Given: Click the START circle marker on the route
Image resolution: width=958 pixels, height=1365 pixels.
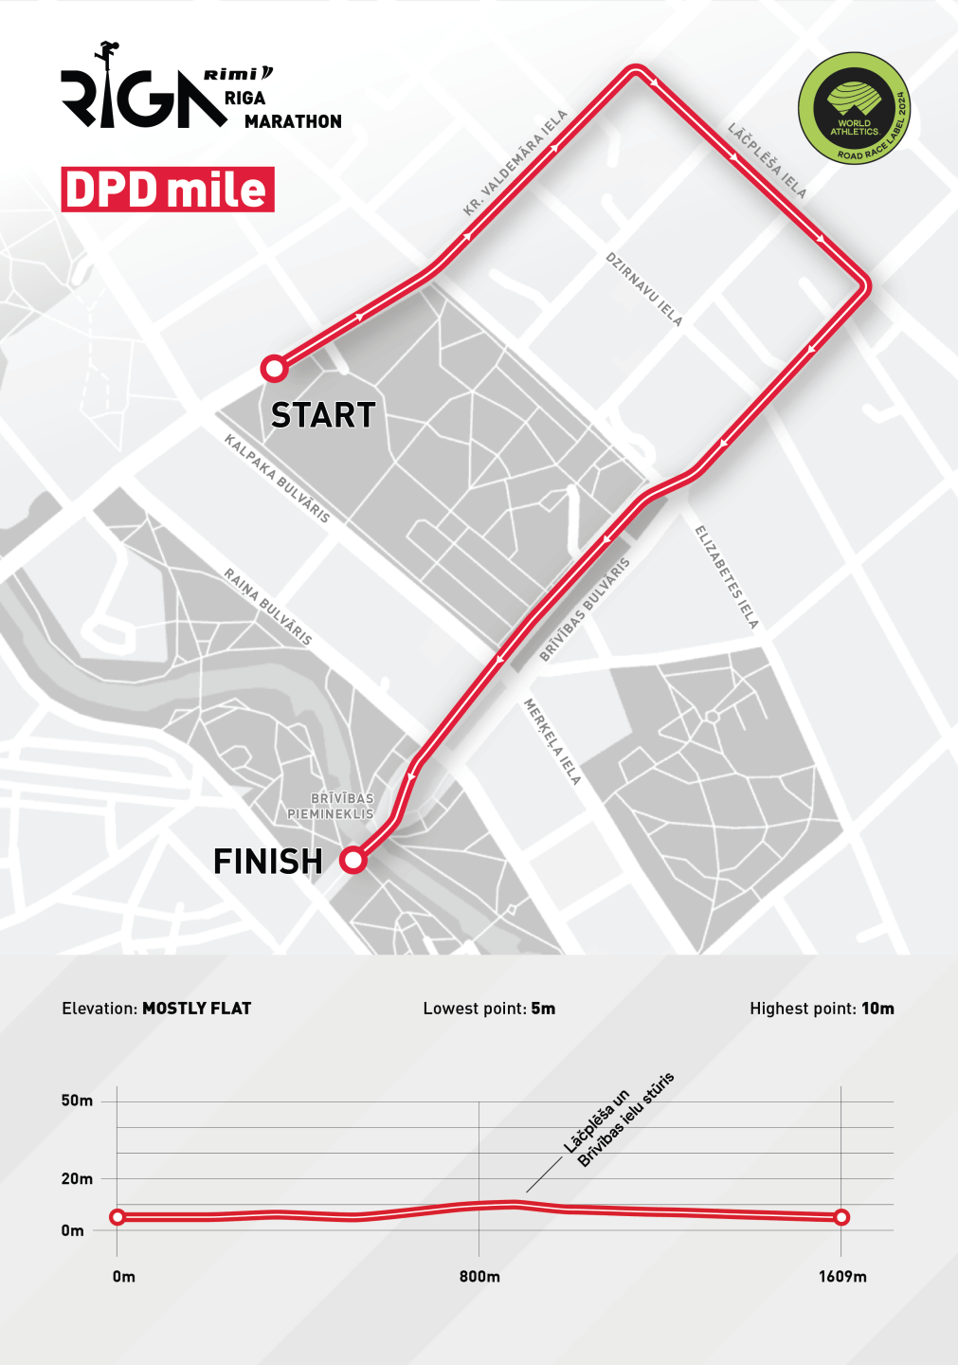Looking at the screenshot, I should pyautogui.click(x=274, y=368).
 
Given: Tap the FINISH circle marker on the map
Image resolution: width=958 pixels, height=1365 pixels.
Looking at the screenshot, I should pyautogui.click(x=353, y=860).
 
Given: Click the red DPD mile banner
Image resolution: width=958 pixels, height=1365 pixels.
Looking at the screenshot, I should pyautogui.click(x=168, y=190).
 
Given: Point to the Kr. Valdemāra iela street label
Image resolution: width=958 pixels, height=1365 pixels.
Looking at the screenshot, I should pyautogui.click(x=515, y=163).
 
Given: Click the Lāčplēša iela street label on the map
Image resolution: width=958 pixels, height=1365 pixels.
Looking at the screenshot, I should pyautogui.click(x=768, y=160).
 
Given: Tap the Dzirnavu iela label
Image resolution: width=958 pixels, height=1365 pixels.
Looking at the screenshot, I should pyautogui.click(x=644, y=289).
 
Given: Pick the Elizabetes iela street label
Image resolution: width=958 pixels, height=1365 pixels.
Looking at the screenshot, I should pyautogui.click(x=727, y=577).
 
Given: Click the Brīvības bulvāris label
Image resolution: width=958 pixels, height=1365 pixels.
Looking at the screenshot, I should pyautogui.click(x=585, y=610).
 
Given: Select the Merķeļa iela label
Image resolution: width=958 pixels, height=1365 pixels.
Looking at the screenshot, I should pyautogui.click(x=552, y=741).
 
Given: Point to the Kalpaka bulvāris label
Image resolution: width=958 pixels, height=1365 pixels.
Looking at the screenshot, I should pyautogui.click(x=277, y=479).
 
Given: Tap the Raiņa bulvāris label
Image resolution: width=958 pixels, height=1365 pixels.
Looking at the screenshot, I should pyautogui.click(x=267, y=607).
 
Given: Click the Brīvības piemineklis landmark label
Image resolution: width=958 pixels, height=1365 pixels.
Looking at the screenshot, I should pyautogui.click(x=331, y=806).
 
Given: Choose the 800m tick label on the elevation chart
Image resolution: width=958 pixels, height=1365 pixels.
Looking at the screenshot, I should pyautogui.click(x=479, y=1277).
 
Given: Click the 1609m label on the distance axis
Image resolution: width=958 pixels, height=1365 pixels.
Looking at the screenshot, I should pyautogui.click(x=842, y=1277).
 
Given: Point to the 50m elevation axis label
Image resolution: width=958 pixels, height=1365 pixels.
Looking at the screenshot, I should pyautogui.click(x=77, y=1101).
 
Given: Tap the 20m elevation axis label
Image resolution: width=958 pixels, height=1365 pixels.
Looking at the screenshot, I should pyautogui.click(x=77, y=1179).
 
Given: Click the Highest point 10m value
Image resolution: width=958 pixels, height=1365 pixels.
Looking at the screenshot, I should pyautogui.click(x=877, y=1009).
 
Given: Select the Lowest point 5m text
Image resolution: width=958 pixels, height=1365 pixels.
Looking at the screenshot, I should pyautogui.click(x=489, y=1009).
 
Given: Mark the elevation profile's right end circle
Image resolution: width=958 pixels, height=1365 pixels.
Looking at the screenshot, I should pyautogui.click(x=841, y=1217).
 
